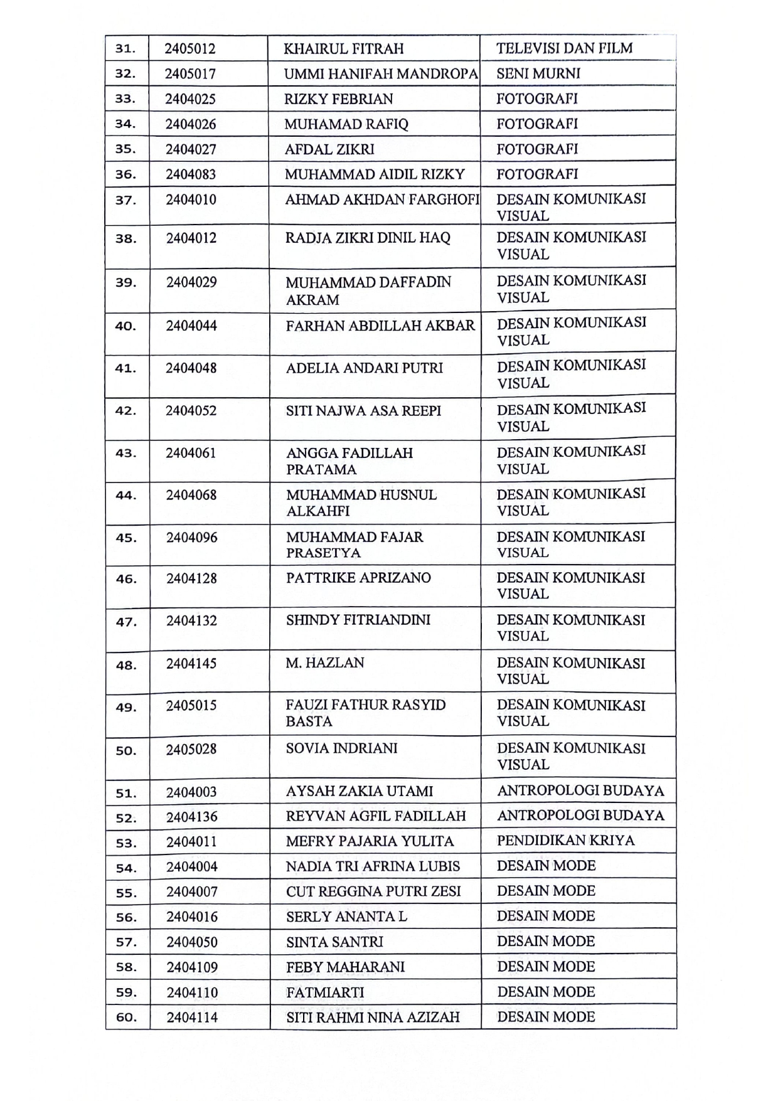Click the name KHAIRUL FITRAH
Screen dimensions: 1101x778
343,49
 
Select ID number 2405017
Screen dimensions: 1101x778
190,74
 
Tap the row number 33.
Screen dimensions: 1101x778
125,99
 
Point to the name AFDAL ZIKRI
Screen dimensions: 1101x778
329,149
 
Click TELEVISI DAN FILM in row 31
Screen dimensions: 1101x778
564,48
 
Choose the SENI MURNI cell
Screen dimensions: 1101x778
538,73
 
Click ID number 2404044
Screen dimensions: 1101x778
191,326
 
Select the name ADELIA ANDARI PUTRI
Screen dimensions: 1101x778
364,368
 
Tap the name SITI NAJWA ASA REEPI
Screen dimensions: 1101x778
363,411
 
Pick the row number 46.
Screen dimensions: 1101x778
126,579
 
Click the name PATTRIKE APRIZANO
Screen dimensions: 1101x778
358,578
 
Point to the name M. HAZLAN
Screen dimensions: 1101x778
324,663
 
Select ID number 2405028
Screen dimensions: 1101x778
191,749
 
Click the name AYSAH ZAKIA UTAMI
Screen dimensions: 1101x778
359,792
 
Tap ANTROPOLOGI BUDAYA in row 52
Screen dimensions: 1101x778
580,816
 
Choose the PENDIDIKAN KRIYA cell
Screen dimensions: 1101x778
565,841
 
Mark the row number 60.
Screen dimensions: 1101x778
126,1018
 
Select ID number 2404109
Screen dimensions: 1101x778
192,967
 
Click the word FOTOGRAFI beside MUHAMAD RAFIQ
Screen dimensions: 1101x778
536,124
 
